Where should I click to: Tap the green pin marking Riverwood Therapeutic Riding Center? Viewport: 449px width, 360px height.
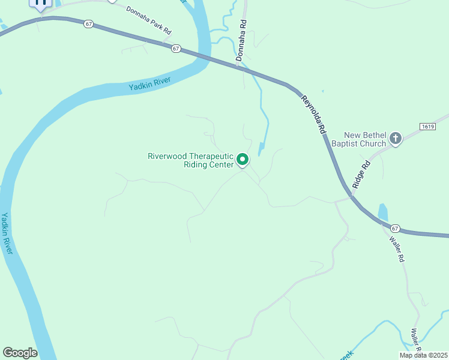click(x=243, y=160)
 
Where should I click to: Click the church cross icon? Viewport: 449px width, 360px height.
click(x=396, y=139)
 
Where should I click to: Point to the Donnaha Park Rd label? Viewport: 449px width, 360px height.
click(x=149, y=19)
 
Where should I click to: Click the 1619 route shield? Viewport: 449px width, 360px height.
click(x=427, y=126)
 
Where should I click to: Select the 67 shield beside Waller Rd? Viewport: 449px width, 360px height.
click(x=394, y=228)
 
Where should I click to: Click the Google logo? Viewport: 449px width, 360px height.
click(x=20, y=353)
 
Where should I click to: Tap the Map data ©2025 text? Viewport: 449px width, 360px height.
click(x=423, y=355)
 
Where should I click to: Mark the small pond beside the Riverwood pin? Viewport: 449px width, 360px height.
click(x=262, y=149)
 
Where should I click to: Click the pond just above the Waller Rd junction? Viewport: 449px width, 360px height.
click(x=383, y=212)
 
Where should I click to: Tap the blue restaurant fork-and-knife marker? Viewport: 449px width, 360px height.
click(x=41, y=4)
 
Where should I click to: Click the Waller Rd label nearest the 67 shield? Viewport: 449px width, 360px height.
click(x=396, y=250)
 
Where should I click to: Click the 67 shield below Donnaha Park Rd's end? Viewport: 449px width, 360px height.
click(x=176, y=48)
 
